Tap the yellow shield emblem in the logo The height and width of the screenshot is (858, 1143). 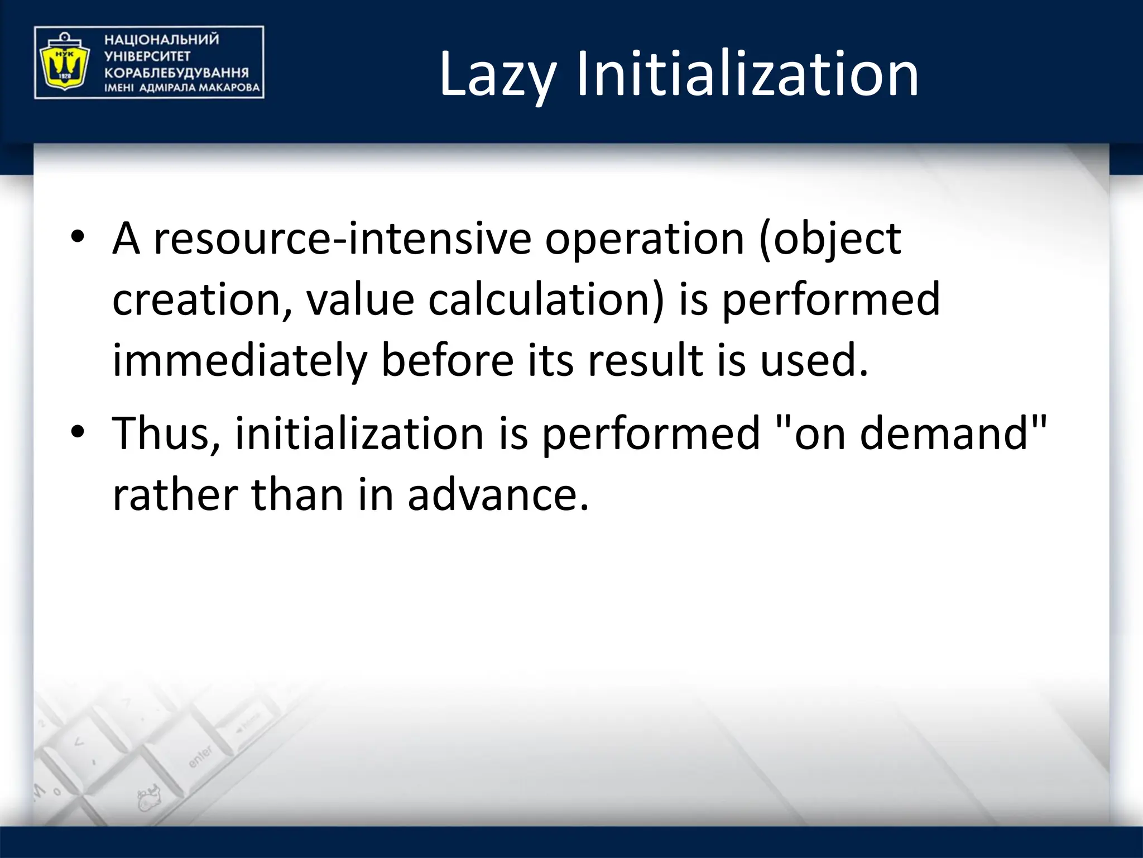coord(62,63)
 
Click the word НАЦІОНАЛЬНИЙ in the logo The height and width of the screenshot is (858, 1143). coord(161,40)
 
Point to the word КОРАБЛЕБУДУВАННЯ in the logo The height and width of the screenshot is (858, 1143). coord(176,73)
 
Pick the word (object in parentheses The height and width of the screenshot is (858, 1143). coord(829,239)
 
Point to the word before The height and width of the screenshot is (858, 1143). coord(447,361)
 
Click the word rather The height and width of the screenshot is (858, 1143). coord(175,495)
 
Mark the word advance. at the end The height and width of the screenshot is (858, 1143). coord(498,495)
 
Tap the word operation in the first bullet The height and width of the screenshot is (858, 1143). coord(645,239)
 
